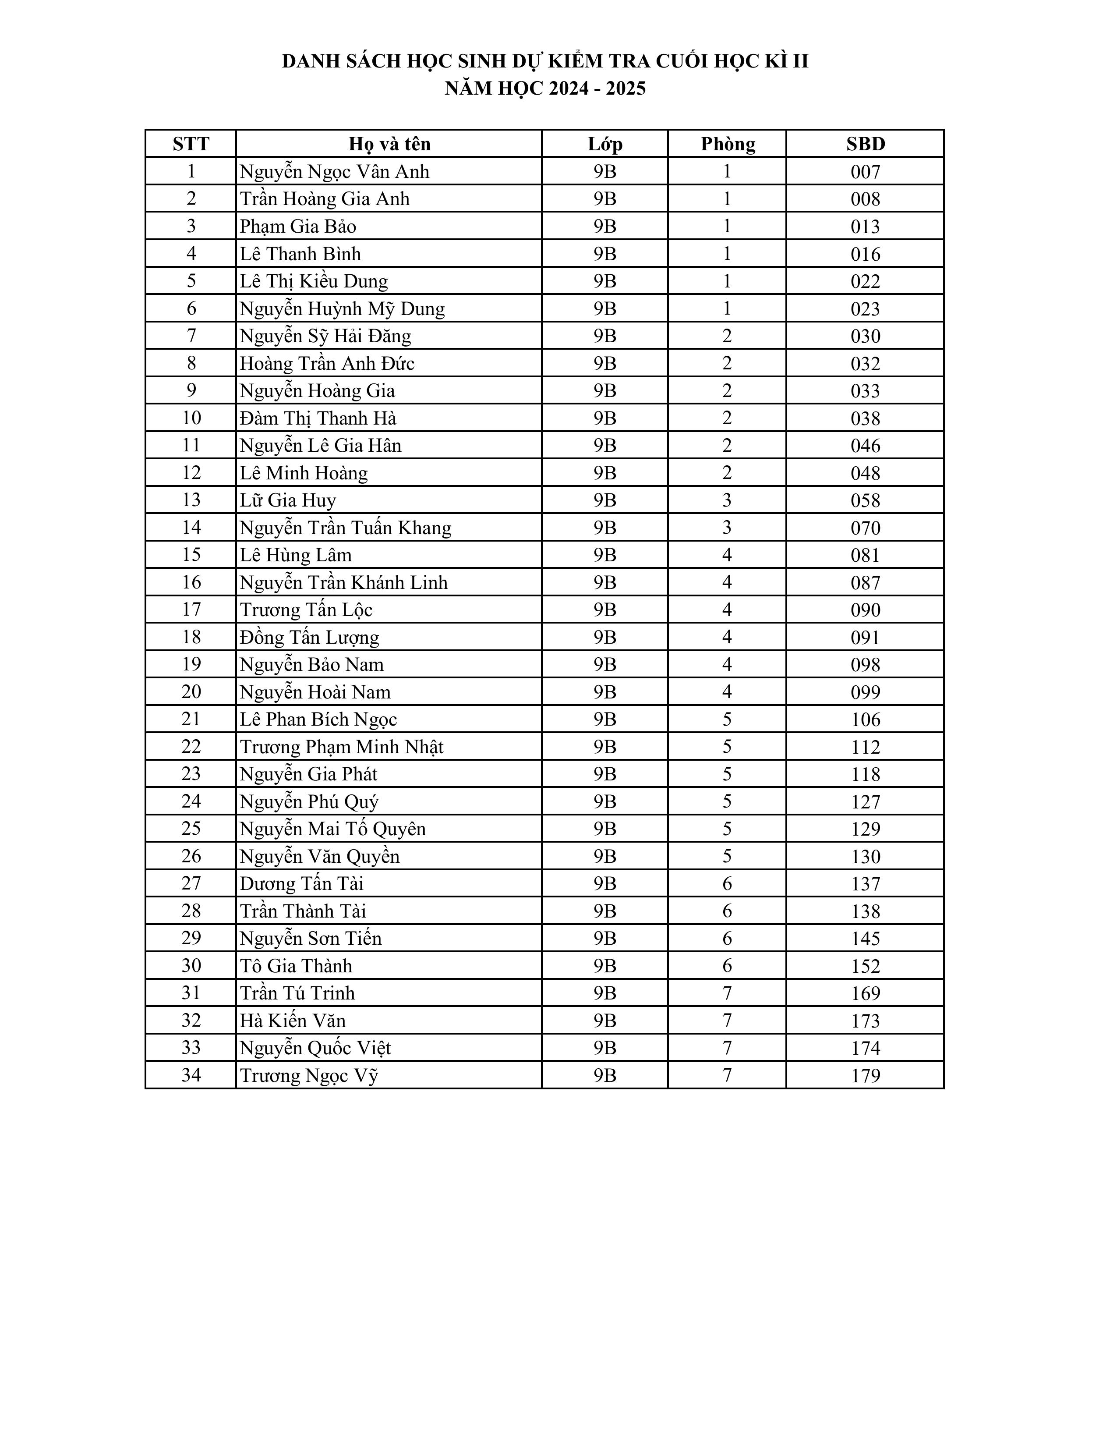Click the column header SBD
pyautogui.click(x=865, y=144)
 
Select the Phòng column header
pyautogui.click(x=727, y=144)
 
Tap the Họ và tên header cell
pyautogui.click(x=389, y=144)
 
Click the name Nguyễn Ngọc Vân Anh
pyautogui.click(x=334, y=171)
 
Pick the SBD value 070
pyautogui.click(x=865, y=528)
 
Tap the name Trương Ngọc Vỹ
pyautogui.click(x=308, y=1075)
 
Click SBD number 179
pyautogui.click(x=865, y=1075)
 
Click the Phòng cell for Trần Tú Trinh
pyautogui.click(x=727, y=993)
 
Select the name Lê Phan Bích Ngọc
pyautogui.click(x=318, y=719)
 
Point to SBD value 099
pyautogui.click(x=865, y=692)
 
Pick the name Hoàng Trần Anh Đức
pyautogui.click(x=327, y=364)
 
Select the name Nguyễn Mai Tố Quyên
pyautogui.click(x=333, y=829)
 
